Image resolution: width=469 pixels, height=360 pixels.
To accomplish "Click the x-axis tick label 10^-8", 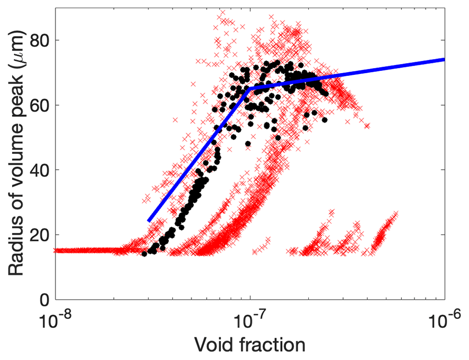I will [x=55, y=316].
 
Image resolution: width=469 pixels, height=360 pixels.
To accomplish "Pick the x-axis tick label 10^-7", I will [x=249, y=316].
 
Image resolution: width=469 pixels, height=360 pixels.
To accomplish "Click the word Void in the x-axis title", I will [x=212, y=345].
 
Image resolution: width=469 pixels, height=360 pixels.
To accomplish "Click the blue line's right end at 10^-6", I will [x=443, y=59].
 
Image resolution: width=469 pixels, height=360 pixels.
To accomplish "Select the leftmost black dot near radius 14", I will [x=144, y=254].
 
